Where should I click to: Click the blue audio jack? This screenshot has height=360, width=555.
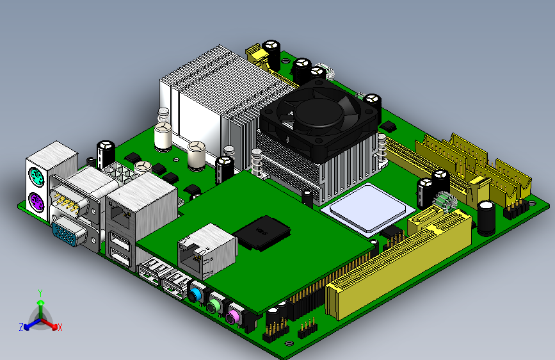pyautogui.click(x=195, y=295)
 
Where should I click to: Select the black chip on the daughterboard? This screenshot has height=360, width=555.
pyautogui.click(x=262, y=233)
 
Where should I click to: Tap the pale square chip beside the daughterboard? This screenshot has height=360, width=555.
pyautogui.click(x=368, y=208)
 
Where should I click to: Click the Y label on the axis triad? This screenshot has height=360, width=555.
pyautogui.click(x=40, y=293)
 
